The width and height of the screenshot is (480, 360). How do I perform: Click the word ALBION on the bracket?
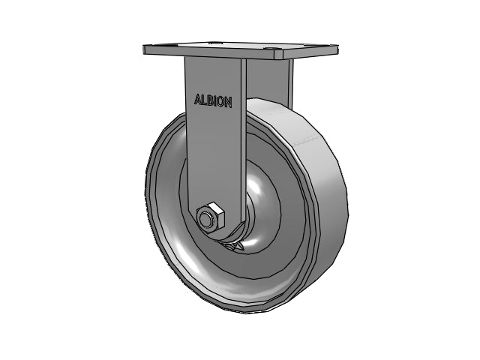(213, 100)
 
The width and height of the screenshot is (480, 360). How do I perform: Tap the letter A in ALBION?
(197, 99)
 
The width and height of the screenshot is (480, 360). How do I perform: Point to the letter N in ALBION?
(228, 103)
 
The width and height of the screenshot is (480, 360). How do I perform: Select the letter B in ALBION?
(210, 100)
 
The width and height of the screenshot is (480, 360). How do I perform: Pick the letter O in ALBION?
(220, 102)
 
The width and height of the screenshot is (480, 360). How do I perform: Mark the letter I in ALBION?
(215, 101)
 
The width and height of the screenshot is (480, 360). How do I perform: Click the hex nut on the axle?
(210, 218)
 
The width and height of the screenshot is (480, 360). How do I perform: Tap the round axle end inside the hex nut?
(205, 220)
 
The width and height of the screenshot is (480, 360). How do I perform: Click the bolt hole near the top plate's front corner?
(271, 49)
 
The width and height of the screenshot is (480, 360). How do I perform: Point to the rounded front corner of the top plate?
(278, 55)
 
